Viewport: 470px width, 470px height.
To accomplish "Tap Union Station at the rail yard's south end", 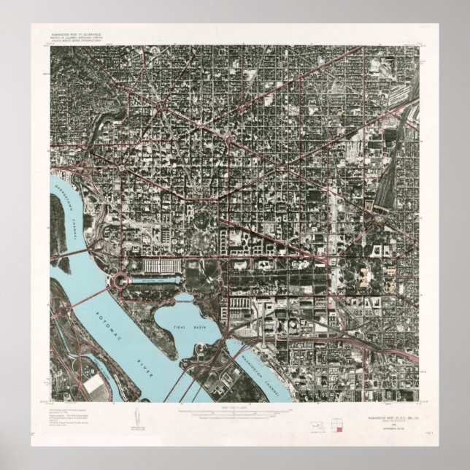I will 380,207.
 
